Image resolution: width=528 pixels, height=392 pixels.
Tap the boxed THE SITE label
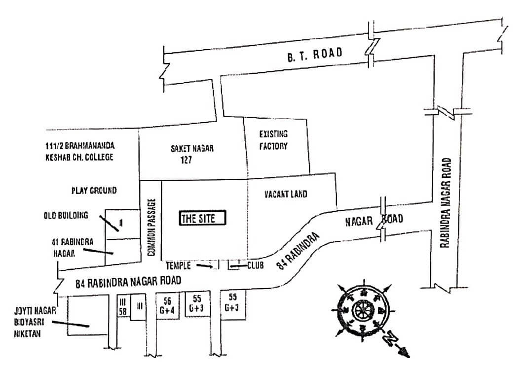(x=202, y=218)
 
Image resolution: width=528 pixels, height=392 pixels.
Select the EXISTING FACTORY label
(x=273, y=140)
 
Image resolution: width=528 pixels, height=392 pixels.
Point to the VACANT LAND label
(x=285, y=194)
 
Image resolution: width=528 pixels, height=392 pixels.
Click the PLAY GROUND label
(x=94, y=190)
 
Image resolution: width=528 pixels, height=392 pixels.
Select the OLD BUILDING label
(x=65, y=215)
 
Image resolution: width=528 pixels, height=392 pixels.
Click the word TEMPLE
(x=178, y=265)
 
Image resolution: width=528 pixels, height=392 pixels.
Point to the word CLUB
(x=255, y=265)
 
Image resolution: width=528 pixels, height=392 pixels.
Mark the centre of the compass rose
(x=362, y=311)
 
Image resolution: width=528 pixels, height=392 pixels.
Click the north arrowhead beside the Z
(x=405, y=353)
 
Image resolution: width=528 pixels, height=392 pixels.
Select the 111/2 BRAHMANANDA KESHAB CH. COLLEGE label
(x=78, y=152)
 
